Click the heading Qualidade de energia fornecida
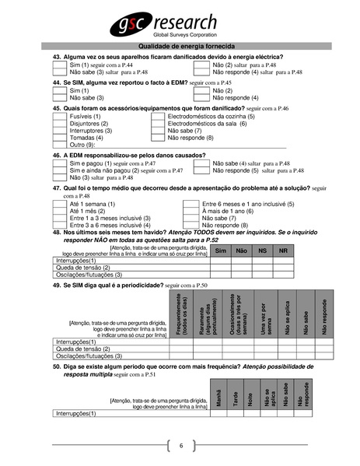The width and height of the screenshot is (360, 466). [x=180, y=47]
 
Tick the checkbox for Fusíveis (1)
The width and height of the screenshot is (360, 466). [x=59, y=116]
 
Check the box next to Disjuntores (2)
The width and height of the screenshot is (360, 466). [x=59, y=123]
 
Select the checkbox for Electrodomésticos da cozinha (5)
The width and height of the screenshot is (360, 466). [x=158, y=116]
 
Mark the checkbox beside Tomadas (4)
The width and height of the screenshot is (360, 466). [x=59, y=138]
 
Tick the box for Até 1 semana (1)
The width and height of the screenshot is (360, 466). [x=59, y=204]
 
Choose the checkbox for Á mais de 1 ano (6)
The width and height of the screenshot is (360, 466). [x=190, y=211]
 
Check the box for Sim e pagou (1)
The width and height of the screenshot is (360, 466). [x=59, y=163]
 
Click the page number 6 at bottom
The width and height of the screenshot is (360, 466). [x=180, y=445]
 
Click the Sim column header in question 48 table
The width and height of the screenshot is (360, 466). [x=220, y=251]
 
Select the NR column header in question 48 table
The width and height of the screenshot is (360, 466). [x=283, y=251]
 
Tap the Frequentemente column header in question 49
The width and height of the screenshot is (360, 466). [x=180, y=314]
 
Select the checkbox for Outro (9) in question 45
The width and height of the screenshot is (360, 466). [x=59, y=145]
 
